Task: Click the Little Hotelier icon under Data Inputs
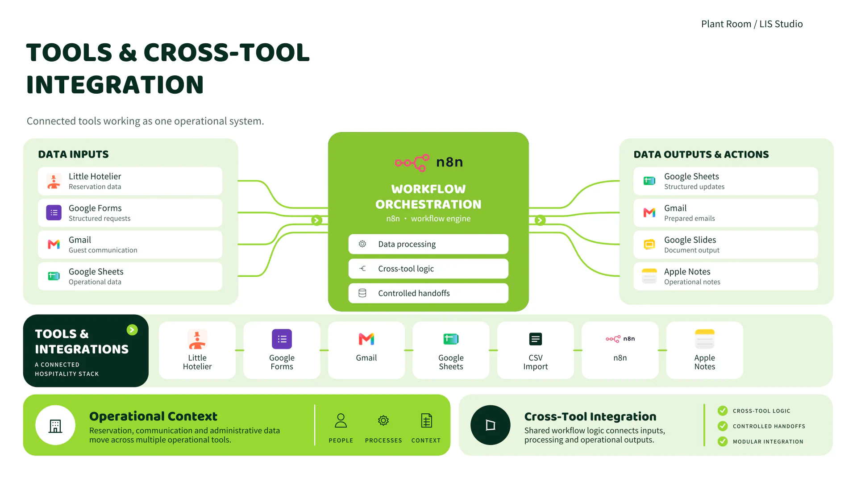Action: click(54, 181)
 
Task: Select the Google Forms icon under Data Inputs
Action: click(54, 213)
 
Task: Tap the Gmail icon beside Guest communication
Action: click(54, 245)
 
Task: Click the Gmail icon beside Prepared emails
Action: click(649, 213)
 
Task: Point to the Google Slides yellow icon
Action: click(649, 245)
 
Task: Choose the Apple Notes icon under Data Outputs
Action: click(649, 276)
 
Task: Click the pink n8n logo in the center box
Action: click(412, 163)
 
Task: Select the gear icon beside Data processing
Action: click(362, 244)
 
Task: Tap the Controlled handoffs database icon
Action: click(362, 293)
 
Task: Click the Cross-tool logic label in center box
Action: click(406, 269)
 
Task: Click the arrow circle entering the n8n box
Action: click(316, 220)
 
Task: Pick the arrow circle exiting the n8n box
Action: click(540, 220)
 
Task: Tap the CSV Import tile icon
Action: click(536, 339)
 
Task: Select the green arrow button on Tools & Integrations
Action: click(132, 330)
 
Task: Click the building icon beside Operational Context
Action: click(55, 425)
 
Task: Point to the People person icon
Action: click(341, 420)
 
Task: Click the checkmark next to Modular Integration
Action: click(723, 441)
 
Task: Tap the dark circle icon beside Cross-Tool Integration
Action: click(491, 425)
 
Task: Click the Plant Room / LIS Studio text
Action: click(752, 24)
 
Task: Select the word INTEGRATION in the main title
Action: click(115, 85)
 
